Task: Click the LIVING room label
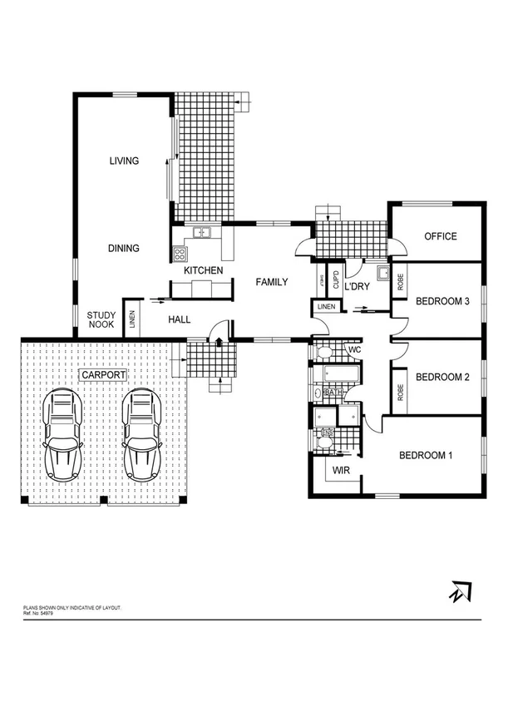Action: [x=124, y=161]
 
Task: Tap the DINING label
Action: [x=123, y=248]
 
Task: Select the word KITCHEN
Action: [x=203, y=271]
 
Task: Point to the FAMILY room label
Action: [x=271, y=282]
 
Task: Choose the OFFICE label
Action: [x=441, y=236]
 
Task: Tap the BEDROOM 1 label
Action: [x=426, y=455]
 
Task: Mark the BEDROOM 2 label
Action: [x=443, y=377]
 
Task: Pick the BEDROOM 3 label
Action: [x=443, y=301]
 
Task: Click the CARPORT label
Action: [x=103, y=376]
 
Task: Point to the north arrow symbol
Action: [x=457, y=591]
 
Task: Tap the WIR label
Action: [x=342, y=471]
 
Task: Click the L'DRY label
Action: [x=357, y=286]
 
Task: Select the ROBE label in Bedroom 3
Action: [x=400, y=281]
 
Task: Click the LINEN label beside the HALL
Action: [x=131, y=319]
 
